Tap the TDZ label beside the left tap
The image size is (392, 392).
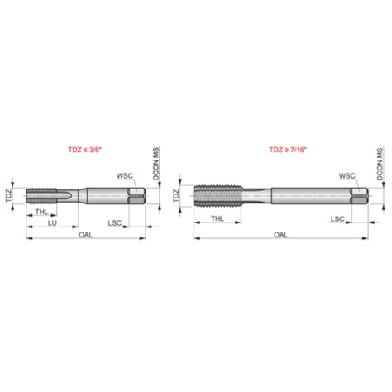(x=9, y=196)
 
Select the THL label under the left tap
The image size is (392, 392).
(x=42, y=213)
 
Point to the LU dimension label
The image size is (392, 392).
(x=52, y=223)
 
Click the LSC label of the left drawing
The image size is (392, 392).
(x=117, y=223)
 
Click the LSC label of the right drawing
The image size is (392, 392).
(x=337, y=218)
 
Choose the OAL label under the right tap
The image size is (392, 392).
(x=281, y=235)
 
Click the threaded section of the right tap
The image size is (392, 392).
(x=218, y=197)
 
